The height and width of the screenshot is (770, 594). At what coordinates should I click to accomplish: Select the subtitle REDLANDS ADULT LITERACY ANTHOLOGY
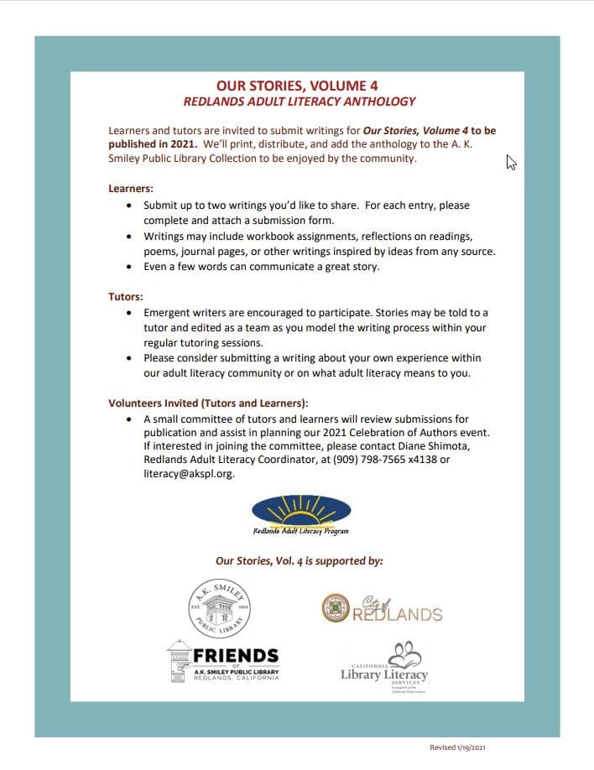(x=300, y=102)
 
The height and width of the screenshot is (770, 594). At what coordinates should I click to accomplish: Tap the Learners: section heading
(x=131, y=188)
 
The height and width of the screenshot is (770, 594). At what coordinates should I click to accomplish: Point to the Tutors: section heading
(x=126, y=296)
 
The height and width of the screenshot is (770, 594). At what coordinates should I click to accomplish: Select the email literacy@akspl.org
(x=189, y=474)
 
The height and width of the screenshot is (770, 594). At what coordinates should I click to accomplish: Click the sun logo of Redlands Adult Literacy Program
(x=301, y=510)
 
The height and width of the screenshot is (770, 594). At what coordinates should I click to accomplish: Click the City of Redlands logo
(x=382, y=610)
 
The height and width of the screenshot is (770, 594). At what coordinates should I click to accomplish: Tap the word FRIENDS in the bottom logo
(x=237, y=655)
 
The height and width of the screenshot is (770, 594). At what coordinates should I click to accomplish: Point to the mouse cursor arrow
(x=510, y=162)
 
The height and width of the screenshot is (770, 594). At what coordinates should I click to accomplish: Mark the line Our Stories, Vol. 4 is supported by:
(x=300, y=560)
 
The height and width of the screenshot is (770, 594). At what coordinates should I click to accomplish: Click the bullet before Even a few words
(x=128, y=268)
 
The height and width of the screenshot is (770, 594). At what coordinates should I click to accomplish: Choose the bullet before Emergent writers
(x=128, y=312)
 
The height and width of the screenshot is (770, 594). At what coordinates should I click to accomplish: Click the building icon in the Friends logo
(x=180, y=660)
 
